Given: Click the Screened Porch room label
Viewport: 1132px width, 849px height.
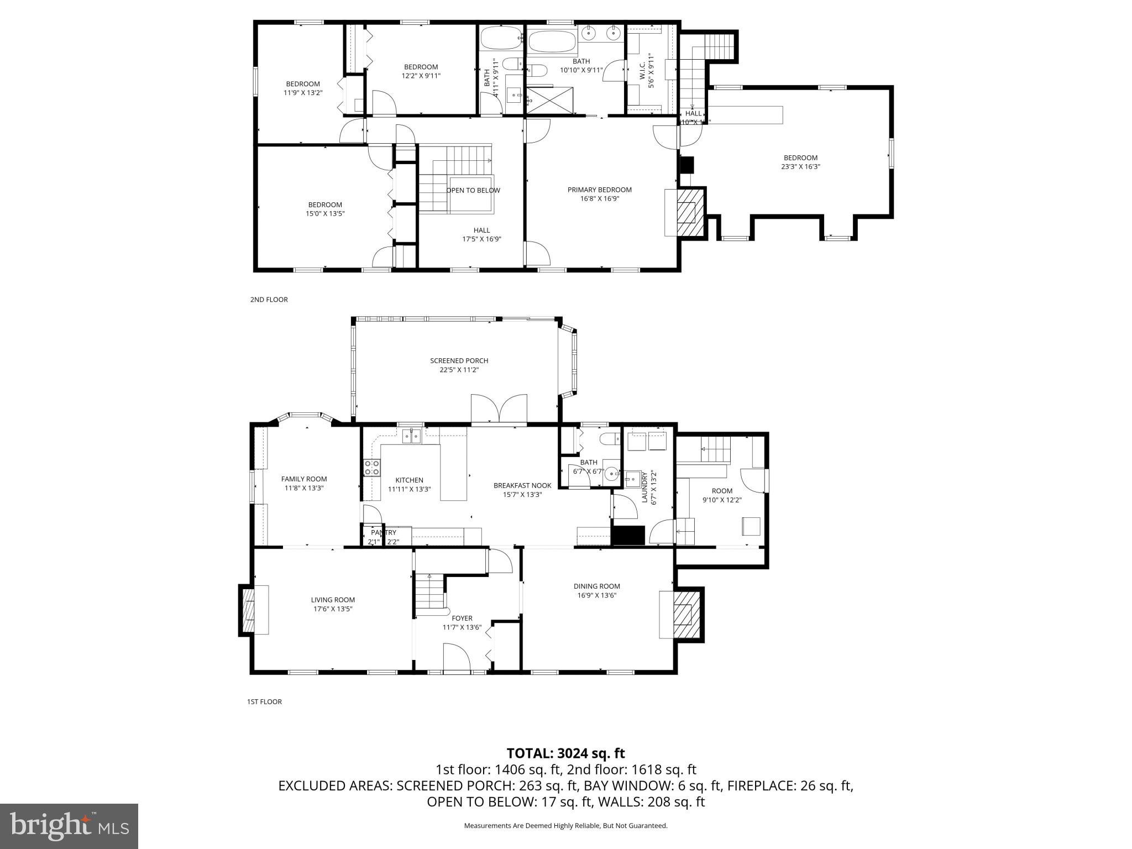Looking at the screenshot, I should (x=459, y=361).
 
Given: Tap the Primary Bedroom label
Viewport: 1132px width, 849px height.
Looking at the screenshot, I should (x=599, y=190).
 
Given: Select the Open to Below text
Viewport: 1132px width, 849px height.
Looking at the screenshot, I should (x=473, y=190).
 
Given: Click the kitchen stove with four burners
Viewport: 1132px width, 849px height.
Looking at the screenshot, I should (x=372, y=468).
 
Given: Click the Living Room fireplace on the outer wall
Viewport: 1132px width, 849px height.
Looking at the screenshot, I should (x=247, y=610).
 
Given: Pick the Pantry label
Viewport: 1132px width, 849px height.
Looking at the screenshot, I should (x=384, y=533).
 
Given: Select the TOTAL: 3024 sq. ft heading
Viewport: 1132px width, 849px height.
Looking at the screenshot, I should (x=565, y=753).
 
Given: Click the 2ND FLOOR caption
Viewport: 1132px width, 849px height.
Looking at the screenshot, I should (x=269, y=300).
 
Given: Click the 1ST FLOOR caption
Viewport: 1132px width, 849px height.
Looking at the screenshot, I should (x=264, y=701).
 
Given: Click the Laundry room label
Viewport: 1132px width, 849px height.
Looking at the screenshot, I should (x=644, y=486).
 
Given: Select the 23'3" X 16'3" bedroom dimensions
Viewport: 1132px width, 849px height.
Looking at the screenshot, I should (x=800, y=166).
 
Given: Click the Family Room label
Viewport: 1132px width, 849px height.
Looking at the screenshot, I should (x=304, y=479).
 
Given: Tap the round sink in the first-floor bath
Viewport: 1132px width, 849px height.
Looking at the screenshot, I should (x=611, y=474).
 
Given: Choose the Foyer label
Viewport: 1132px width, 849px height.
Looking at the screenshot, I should (x=462, y=619).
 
